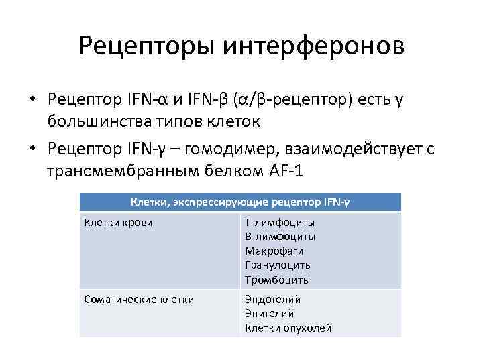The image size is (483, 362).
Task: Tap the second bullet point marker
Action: pyautogui.click(x=32, y=149)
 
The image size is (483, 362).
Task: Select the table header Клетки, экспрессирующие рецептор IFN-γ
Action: pyautogui.click(x=240, y=202)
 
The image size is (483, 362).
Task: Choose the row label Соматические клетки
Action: pyautogui.click(x=139, y=299)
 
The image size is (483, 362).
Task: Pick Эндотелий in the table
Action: pyautogui.click(x=272, y=299)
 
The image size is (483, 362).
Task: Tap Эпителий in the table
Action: pyautogui.click(x=269, y=313)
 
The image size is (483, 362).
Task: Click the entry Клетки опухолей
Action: pyautogui.click(x=288, y=328)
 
